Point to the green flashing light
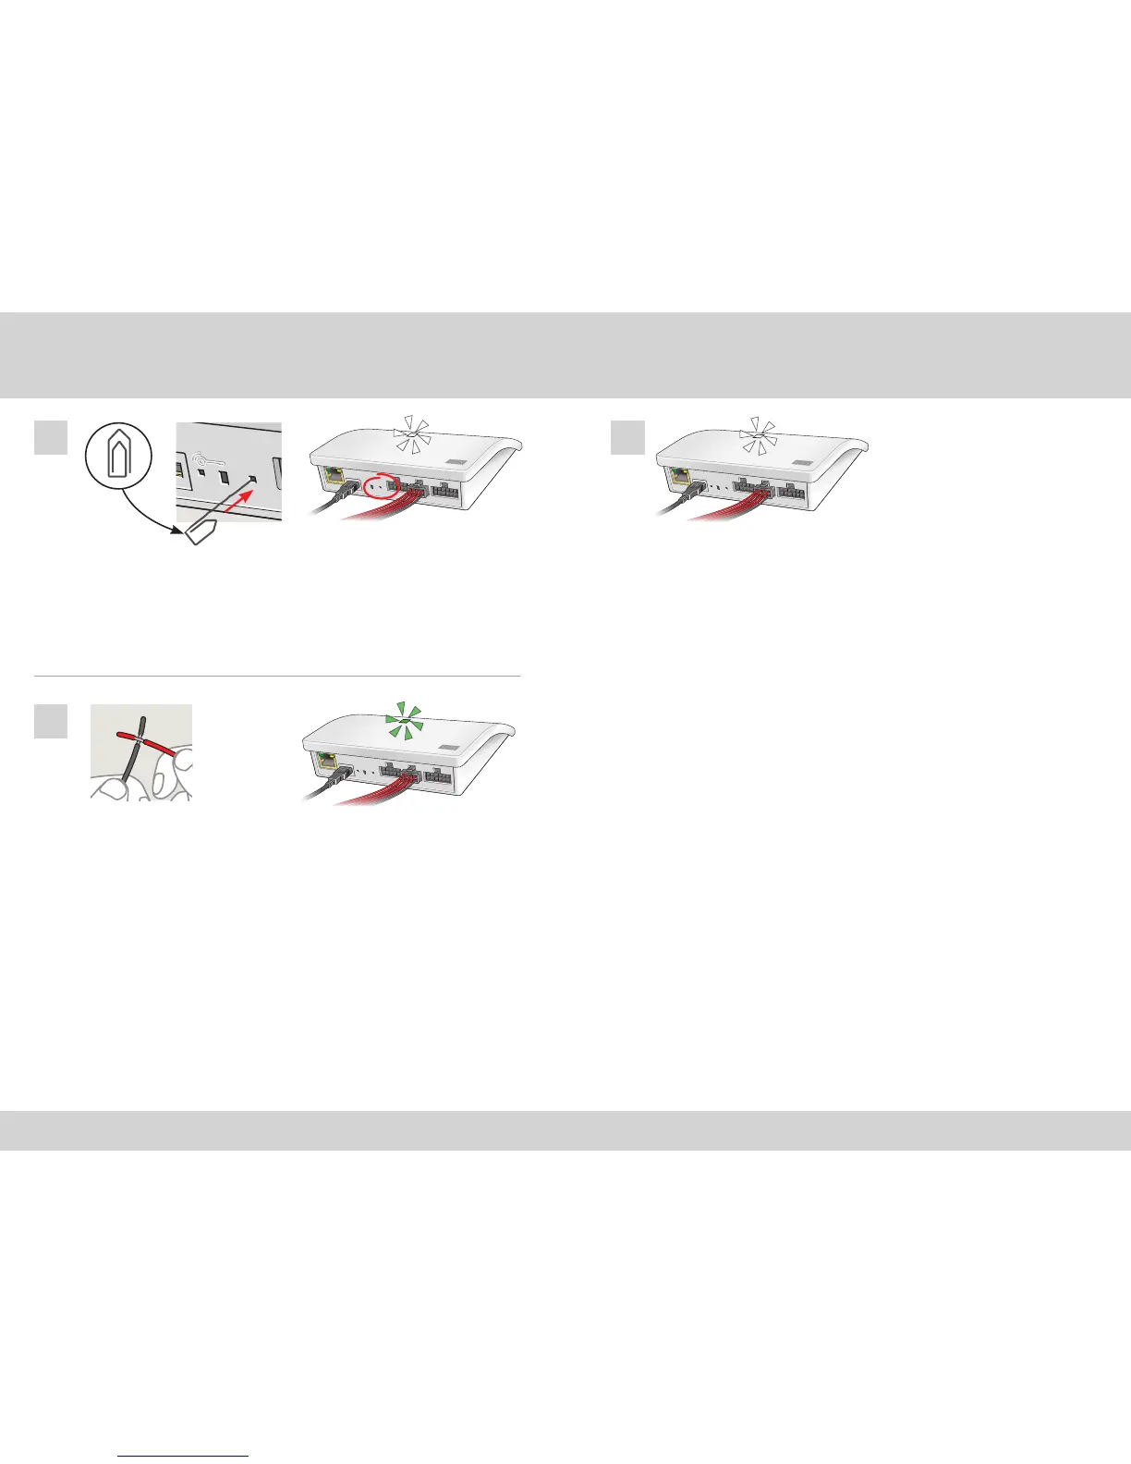[407, 720]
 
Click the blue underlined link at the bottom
[184, 1456]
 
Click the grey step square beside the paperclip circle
[50, 438]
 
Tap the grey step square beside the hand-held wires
[50, 721]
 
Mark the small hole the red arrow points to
[253, 480]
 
